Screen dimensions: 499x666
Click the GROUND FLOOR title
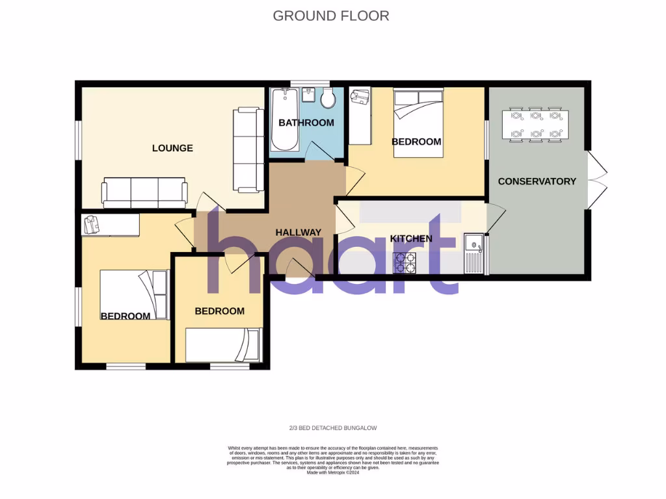click(331, 16)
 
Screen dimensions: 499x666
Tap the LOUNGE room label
click(172, 148)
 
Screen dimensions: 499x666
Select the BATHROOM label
click(306, 123)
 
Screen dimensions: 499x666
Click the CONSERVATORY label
click(537, 181)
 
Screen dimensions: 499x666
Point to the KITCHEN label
click(411, 238)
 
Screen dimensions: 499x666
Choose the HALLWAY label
click(299, 232)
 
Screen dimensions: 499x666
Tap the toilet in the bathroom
click(328, 99)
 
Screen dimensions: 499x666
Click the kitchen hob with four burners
click(405, 262)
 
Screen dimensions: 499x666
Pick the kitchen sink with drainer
click(473, 253)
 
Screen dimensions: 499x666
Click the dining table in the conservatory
click(535, 125)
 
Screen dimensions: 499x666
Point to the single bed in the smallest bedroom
click(223, 345)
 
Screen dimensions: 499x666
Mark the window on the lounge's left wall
click(77, 139)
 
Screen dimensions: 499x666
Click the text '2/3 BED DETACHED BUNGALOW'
click(333, 428)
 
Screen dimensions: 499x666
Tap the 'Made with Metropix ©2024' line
click(333, 472)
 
